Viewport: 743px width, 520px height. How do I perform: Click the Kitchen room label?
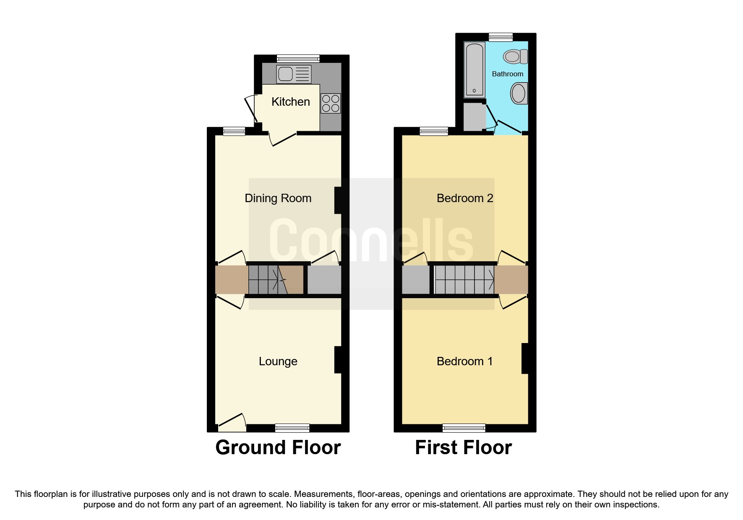tap(290, 102)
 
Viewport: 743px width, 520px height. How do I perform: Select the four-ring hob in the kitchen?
tap(331, 104)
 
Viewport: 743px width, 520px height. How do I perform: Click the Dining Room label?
tap(278, 198)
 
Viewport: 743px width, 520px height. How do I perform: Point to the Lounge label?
tap(278, 361)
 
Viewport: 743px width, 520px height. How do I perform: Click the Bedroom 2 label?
tap(464, 198)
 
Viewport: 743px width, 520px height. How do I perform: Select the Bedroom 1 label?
tap(464, 361)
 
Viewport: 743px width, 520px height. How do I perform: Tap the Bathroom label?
tap(507, 74)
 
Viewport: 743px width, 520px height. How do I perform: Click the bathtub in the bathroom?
tap(474, 69)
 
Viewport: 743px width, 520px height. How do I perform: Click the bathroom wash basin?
tap(519, 93)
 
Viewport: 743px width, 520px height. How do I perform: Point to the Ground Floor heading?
tap(278, 448)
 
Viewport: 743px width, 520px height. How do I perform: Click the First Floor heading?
tap(463, 448)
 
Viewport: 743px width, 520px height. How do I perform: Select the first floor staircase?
tap(464, 280)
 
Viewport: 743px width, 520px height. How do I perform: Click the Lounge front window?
tap(292, 428)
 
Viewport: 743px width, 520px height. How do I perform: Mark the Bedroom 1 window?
tap(464, 428)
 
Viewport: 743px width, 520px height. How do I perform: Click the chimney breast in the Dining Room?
tap(338, 200)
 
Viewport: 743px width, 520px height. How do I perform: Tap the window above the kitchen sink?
tap(298, 59)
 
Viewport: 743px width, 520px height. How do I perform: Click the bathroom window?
tap(501, 37)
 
